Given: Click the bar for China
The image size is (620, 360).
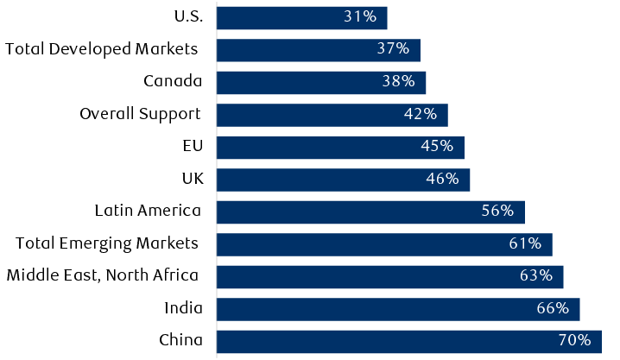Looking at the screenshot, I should tap(408, 341).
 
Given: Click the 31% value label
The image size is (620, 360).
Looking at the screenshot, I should tap(360, 17).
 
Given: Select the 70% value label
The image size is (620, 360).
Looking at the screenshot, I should tap(573, 341).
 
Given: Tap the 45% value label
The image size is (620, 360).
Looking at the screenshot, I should tap(437, 147).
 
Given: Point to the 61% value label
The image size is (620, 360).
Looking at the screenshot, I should tap(525, 244).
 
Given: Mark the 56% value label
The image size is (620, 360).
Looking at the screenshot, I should tap(497, 212).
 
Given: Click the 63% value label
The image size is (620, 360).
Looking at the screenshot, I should tap(535, 276).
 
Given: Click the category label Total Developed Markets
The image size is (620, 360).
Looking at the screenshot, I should tap(102, 49).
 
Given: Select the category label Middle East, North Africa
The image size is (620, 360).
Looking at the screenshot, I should tap(102, 276).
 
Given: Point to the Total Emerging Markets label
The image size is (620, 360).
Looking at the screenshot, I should tap(107, 244).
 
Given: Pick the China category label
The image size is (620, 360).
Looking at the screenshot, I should tap(180, 341).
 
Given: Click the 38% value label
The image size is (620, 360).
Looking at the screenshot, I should tap(398, 82).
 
